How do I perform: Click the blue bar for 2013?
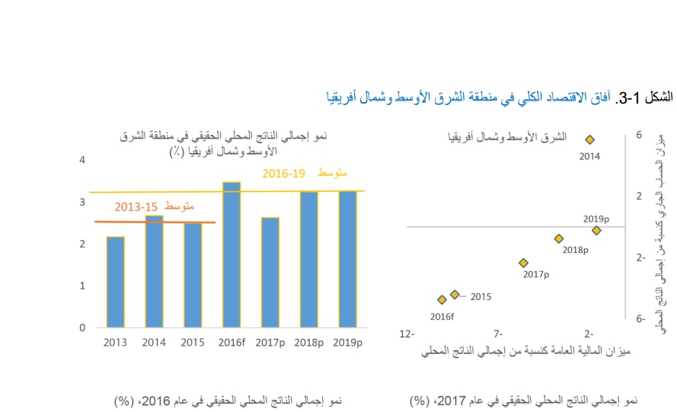click(116, 282)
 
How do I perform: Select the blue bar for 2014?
click(154, 271)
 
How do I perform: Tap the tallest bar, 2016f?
click(232, 254)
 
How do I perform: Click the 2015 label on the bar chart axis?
click(193, 342)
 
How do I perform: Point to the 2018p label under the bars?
click(308, 342)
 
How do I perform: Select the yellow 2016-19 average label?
click(305, 174)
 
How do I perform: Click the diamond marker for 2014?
click(589, 139)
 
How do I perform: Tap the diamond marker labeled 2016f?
click(442, 300)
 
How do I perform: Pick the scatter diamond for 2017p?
click(523, 263)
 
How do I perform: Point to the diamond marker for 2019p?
click(596, 230)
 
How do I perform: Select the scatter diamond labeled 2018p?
click(558, 238)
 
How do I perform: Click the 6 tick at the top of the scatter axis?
click(638, 135)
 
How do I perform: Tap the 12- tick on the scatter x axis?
click(407, 334)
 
